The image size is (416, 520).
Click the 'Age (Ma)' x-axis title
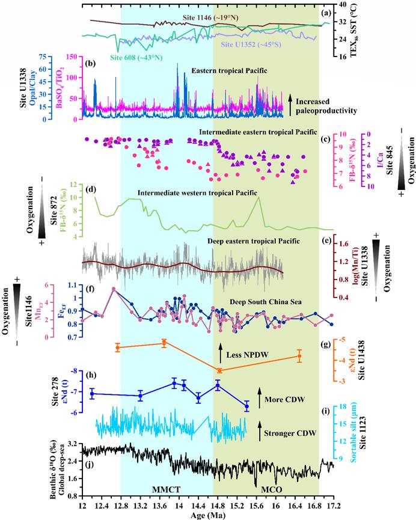pos(208,512)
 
